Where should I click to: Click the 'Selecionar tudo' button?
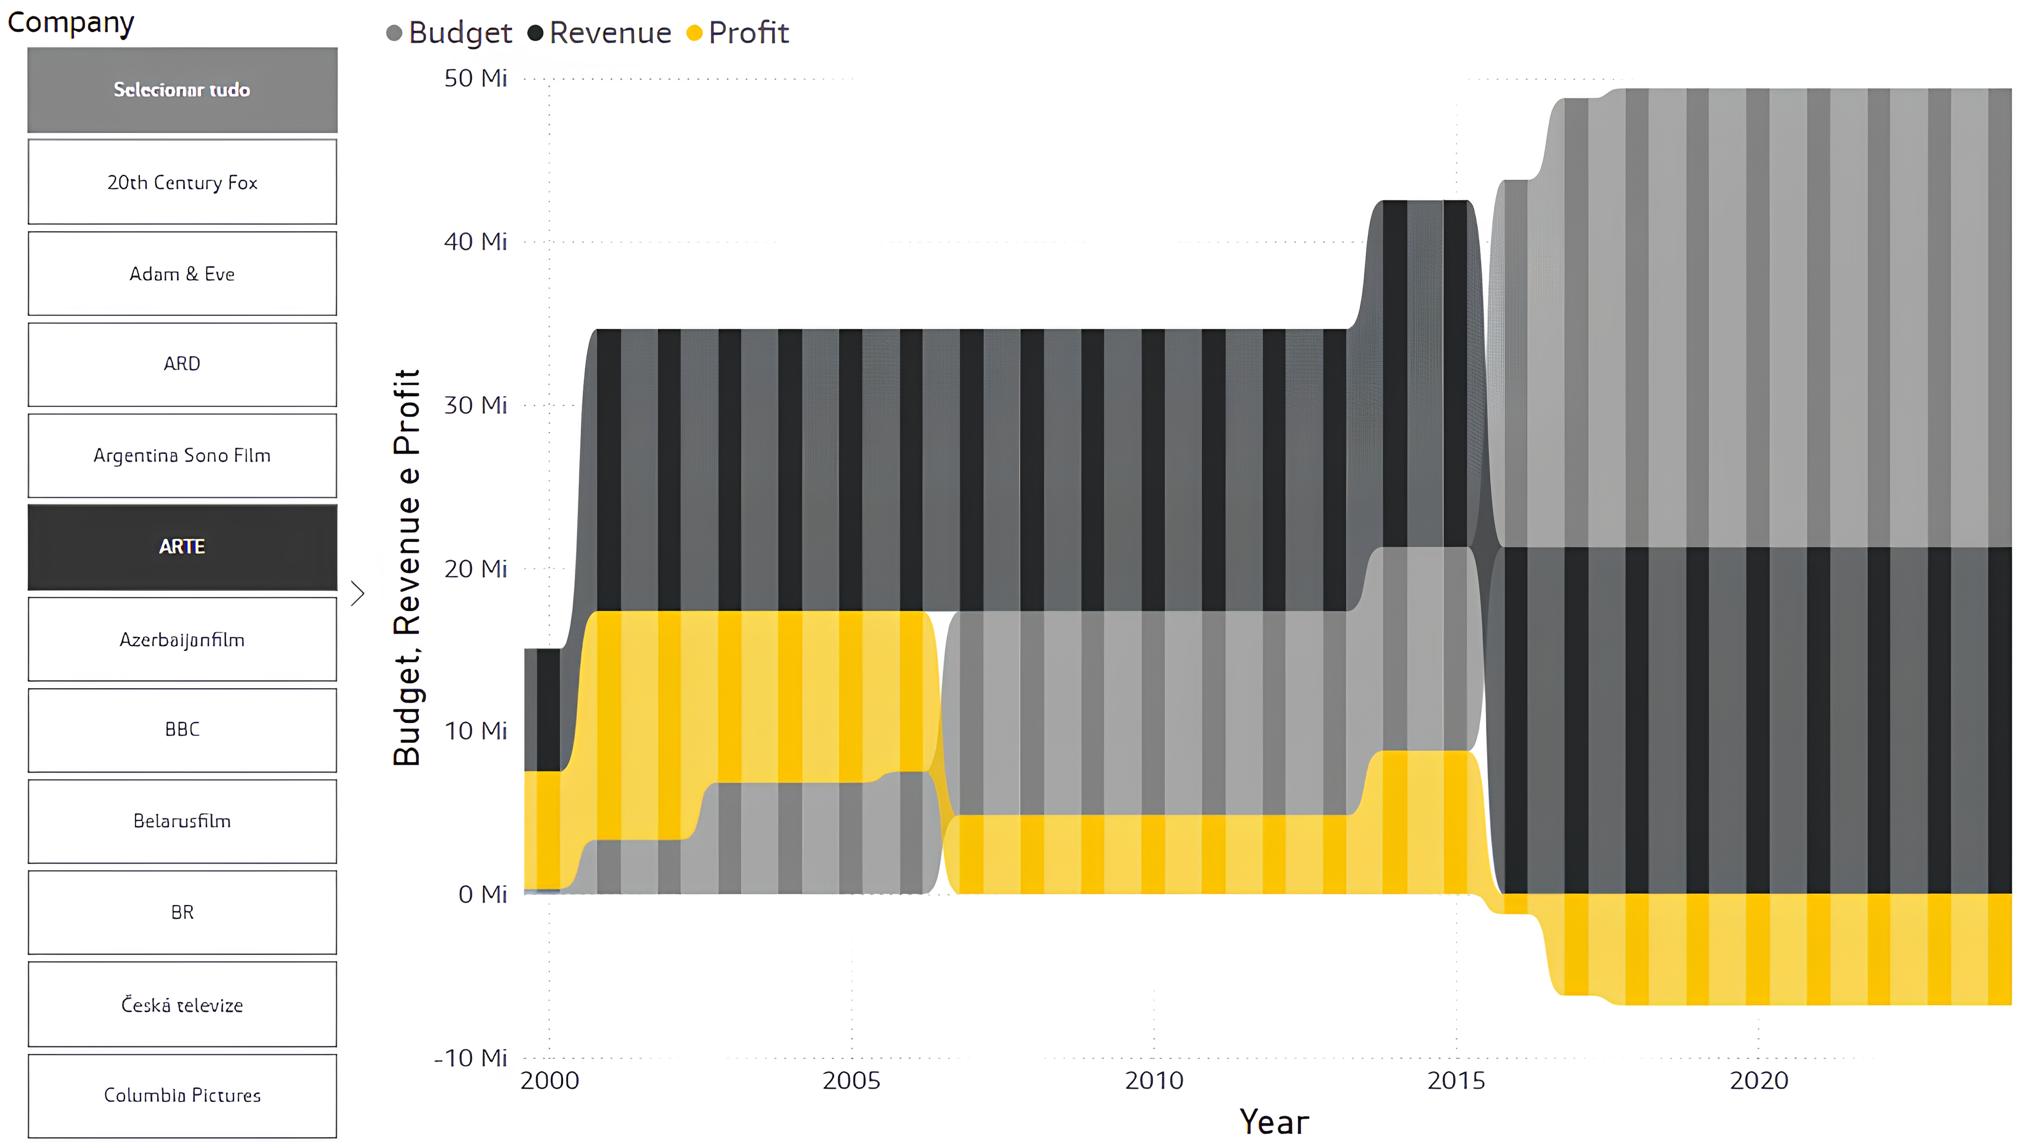pos(183,89)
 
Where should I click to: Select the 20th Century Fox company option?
pos(183,182)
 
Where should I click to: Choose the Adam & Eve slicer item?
pos(183,273)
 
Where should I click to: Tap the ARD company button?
pos(183,364)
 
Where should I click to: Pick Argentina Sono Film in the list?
pos(183,456)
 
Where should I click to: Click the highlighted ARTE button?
pos(183,547)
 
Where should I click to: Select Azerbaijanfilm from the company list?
pos(183,640)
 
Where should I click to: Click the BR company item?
pos(183,913)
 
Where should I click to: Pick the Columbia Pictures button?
pos(183,1095)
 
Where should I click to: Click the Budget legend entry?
pos(450,33)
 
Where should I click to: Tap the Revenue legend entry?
pos(600,33)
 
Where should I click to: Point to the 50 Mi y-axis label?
pos(476,79)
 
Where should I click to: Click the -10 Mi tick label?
pos(471,1058)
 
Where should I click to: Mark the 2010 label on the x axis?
pos(1154,1081)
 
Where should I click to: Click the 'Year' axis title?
pos(1274,1122)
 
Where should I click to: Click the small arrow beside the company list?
pos(358,593)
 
